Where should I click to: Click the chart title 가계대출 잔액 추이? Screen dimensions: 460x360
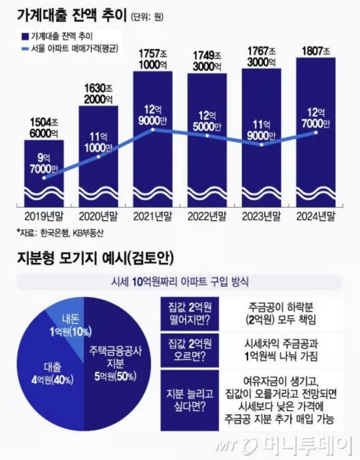[62, 15]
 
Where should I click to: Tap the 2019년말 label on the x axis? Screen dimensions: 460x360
[44, 216]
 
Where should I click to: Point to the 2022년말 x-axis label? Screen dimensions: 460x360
[208, 216]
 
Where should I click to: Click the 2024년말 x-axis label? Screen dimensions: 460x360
[316, 216]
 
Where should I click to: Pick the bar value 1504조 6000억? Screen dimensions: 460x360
[44, 127]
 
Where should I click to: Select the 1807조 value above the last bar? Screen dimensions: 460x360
[316, 49]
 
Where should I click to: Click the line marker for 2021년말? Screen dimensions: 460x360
[153, 130]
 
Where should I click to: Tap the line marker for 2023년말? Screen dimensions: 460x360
[262, 145]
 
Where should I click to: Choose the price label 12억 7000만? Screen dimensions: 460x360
[316, 116]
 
